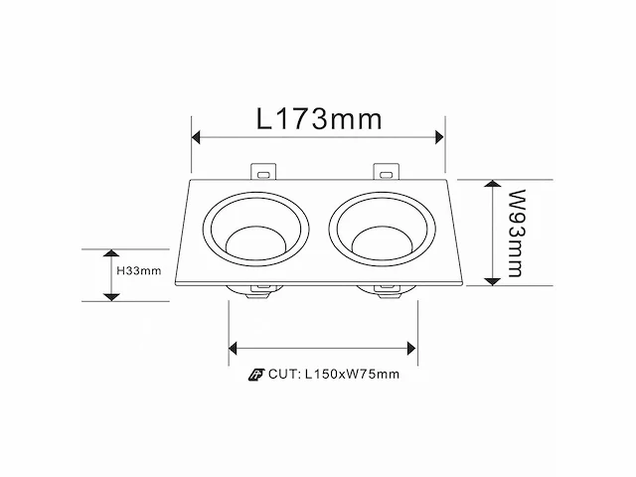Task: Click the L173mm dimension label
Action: (319, 119)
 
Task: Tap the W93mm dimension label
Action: (516, 233)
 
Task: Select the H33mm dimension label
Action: (139, 270)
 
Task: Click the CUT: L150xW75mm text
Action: (334, 374)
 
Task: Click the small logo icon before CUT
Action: (256, 375)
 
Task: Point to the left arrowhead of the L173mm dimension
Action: (196, 137)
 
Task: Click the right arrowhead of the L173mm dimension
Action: (439, 137)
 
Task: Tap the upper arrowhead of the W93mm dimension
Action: (493, 183)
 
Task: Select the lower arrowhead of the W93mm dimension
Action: (493, 281)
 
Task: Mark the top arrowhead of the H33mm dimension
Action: (111, 253)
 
